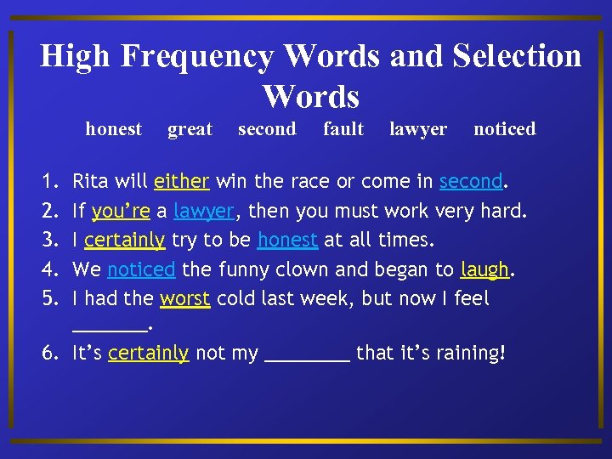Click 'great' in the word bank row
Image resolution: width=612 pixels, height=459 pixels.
pyautogui.click(x=190, y=129)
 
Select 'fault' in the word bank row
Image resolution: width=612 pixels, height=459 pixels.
pyautogui.click(x=343, y=129)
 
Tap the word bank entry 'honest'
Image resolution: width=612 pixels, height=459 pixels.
pyautogui.click(x=113, y=129)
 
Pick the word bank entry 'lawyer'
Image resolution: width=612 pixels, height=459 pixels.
pyautogui.click(x=417, y=130)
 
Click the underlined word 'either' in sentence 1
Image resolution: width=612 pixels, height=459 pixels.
pyautogui.click(x=182, y=181)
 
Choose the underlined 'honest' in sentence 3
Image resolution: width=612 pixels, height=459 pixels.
pyautogui.click(x=287, y=241)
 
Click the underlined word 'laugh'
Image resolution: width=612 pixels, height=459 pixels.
pyautogui.click(x=484, y=270)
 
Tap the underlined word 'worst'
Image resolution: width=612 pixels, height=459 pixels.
pyautogui.click(x=184, y=299)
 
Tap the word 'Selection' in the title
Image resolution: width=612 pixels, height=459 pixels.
pyautogui.click(x=517, y=57)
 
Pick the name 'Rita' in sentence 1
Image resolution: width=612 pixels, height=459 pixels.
pyautogui.click(x=89, y=181)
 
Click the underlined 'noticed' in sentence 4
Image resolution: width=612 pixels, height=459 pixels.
pyautogui.click(x=141, y=270)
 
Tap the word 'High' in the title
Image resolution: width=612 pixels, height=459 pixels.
pyautogui.click(x=76, y=57)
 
